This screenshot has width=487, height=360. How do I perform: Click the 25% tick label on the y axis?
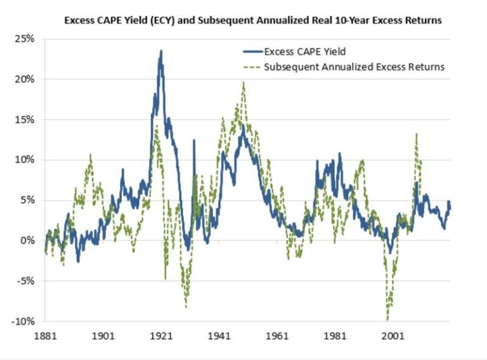coord(25,39)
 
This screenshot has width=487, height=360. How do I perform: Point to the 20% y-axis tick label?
coord(25,79)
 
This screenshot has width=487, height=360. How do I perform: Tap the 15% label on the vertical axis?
coord(25,119)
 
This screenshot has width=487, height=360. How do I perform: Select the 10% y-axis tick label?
coord(25,160)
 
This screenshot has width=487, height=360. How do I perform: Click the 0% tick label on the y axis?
coord(27,240)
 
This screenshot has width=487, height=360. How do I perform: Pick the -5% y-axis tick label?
coord(26,281)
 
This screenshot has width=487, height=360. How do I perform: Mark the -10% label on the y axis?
coord(23,321)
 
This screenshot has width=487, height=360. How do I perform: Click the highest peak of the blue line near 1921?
coord(161,51)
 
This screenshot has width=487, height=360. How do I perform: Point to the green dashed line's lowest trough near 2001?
coord(387,319)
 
